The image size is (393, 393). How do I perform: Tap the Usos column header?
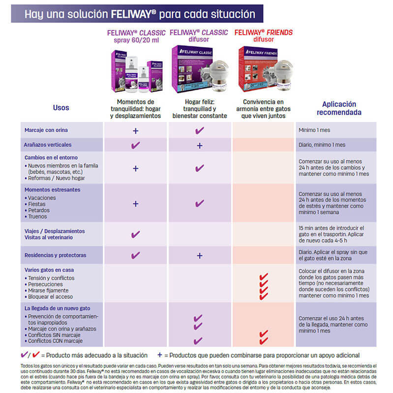point(61,108)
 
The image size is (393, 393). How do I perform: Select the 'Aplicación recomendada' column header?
point(339,108)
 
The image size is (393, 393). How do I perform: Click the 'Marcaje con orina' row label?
point(46,130)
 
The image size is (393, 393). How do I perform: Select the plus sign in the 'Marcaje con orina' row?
point(135,131)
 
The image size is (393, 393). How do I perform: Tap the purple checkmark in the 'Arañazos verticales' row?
point(135,145)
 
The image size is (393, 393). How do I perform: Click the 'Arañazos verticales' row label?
point(48,145)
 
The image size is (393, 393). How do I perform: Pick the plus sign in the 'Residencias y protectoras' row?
point(200,256)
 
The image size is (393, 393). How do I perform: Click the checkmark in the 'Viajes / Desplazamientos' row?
point(135,234)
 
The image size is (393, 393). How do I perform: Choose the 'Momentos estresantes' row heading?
point(52,190)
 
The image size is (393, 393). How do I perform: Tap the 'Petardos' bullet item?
point(39,210)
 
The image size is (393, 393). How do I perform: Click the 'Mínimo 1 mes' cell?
point(314,130)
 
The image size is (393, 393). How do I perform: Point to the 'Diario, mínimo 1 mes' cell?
point(322,145)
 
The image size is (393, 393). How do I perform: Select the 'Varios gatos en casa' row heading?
point(49,270)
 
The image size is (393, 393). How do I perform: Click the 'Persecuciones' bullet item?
point(45,284)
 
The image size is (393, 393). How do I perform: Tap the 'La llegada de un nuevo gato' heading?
point(57,308)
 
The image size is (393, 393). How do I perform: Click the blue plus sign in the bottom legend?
point(160,355)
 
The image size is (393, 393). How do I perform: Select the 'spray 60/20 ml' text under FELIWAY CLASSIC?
point(136,40)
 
